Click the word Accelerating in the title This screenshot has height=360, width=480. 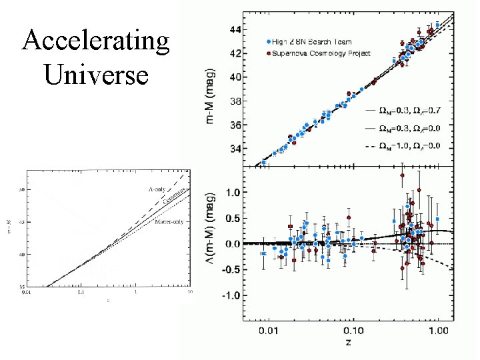96,41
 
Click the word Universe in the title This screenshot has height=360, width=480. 96,73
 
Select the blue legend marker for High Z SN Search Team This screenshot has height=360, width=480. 268,42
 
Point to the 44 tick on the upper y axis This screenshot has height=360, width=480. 235,30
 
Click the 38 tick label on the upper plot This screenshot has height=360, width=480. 235,101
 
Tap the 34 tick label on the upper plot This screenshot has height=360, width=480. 235,149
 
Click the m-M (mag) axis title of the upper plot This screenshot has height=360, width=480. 211,95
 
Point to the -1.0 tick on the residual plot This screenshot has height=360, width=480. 231,295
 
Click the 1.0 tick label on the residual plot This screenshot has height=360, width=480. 233,193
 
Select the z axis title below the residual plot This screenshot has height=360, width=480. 348,343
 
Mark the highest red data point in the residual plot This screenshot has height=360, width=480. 403,175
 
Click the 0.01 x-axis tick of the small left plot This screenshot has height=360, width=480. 26,291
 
